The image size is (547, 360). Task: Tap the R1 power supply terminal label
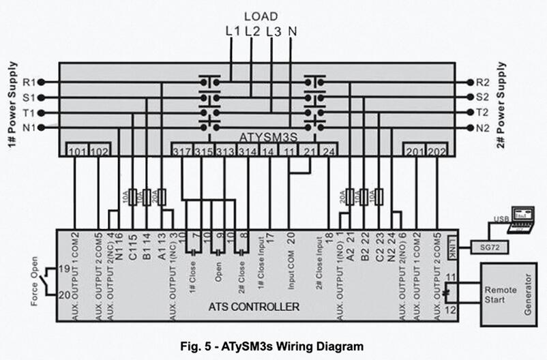coord(29,82)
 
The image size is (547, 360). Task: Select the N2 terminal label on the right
coord(483,127)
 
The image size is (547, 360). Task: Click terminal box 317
coord(181,151)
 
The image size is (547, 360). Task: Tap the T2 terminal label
coord(483,112)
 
